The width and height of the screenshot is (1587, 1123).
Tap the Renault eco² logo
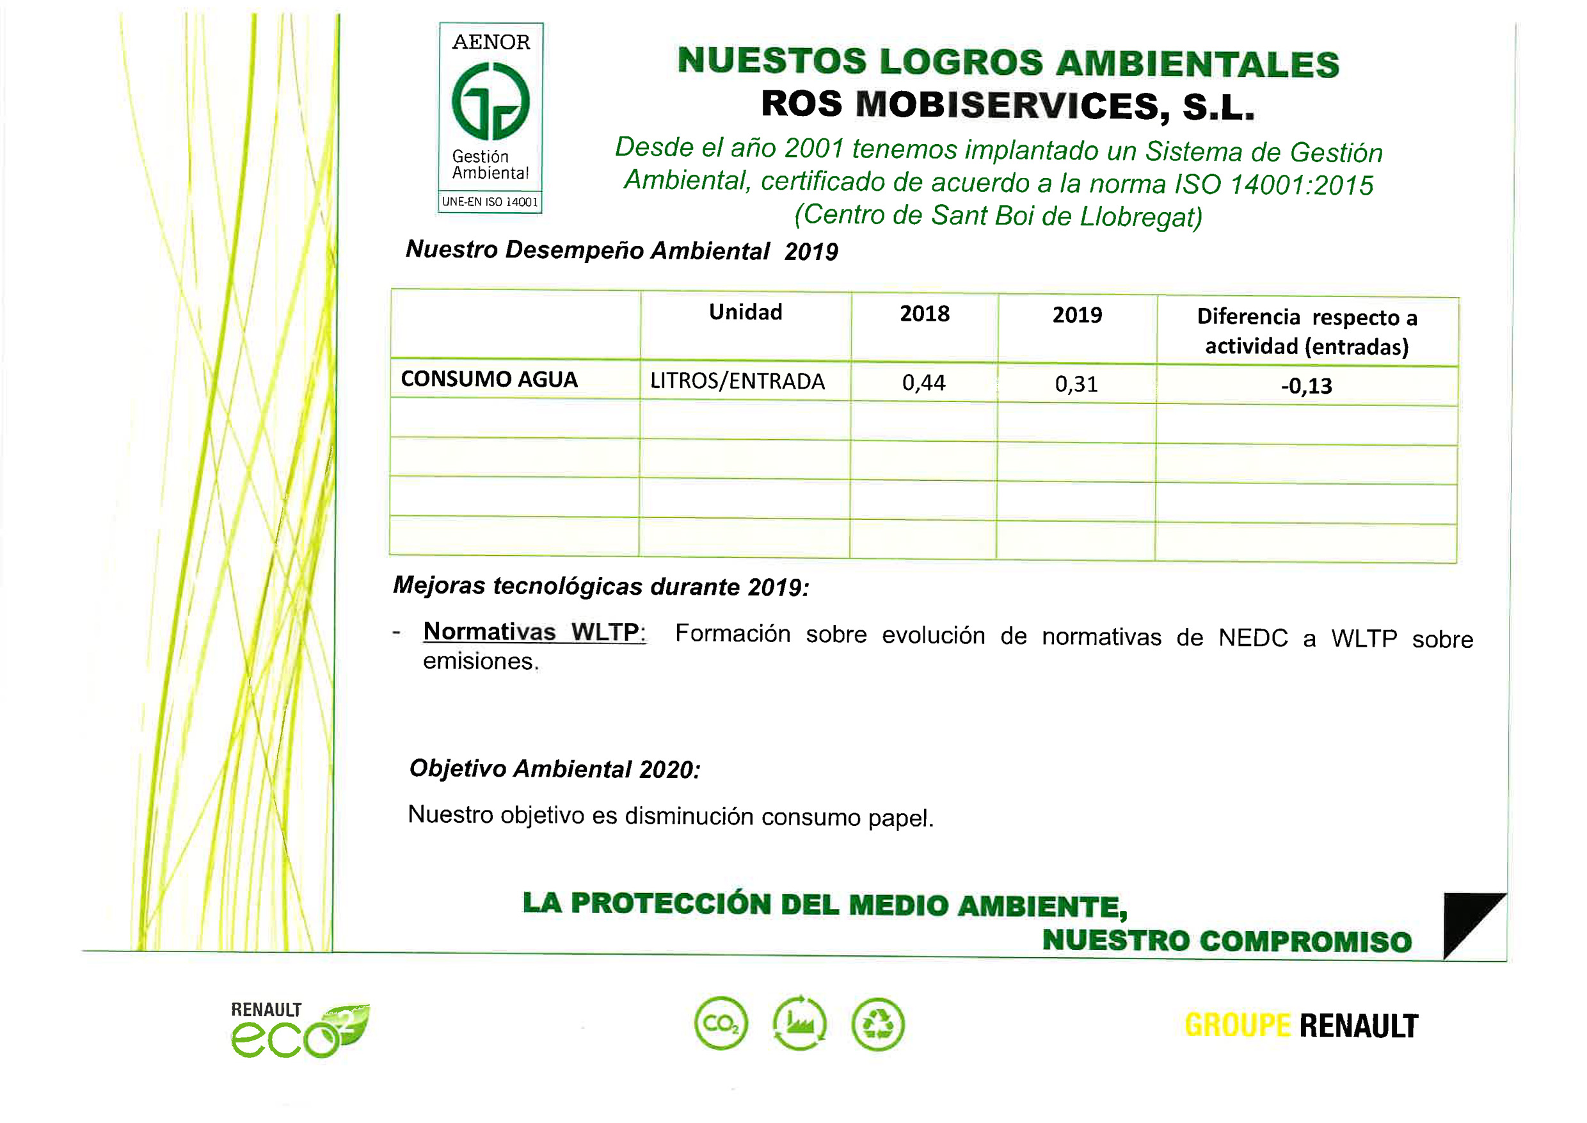click(299, 1030)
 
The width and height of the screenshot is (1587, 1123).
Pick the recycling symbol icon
click(878, 1024)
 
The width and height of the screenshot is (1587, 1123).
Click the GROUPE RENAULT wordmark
click(1301, 1026)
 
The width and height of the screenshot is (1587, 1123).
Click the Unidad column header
click(745, 312)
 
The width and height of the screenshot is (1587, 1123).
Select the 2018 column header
click(924, 313)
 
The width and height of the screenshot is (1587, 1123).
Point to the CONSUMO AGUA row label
click(489, 379)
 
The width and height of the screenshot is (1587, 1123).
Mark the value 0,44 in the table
click(923, 382)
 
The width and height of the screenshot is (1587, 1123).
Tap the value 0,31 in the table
click(1076, 384)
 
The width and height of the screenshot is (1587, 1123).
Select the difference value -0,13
click(1305, 386)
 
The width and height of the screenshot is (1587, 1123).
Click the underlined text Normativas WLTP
click(534, 631)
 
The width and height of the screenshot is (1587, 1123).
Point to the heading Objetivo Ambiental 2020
click(554, 768)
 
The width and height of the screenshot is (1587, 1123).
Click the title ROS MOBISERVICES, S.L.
click(1007, 106)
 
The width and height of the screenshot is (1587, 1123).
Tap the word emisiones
click(481, 661)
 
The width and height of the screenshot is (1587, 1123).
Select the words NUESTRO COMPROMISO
click(1226, 941)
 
